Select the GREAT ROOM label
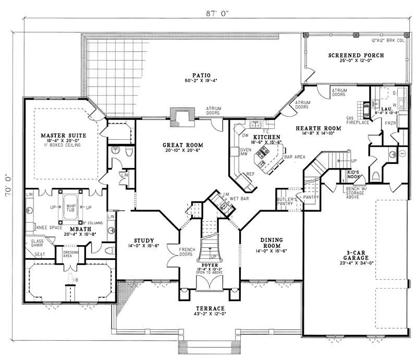point(182,145)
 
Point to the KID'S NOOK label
point(355,175)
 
